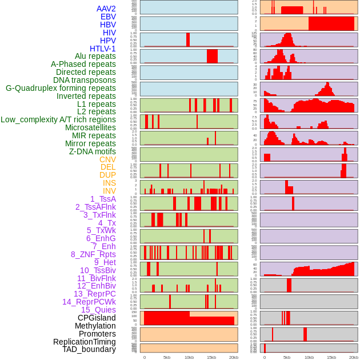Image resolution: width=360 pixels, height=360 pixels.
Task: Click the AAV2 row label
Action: click(106, 9)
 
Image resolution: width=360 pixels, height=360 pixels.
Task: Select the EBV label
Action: click(108, 17)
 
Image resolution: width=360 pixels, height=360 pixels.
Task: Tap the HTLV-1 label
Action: click(102, 49)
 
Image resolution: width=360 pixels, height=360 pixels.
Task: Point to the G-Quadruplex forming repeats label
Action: click(61, 88)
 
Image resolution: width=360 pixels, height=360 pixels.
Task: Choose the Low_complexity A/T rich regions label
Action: click(58, 119)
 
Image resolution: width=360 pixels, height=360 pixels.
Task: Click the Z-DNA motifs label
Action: click(92, 151)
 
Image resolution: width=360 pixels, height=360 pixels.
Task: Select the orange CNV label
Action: click(107, 159)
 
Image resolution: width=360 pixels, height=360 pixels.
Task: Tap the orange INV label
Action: click(109, 191)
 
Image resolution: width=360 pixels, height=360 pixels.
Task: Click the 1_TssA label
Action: click(103, 199)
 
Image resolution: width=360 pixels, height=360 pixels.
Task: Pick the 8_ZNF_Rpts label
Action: click(93, 254)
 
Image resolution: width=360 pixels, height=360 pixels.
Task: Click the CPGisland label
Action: click(97, 318)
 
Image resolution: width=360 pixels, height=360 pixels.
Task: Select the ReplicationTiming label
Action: click(84, 342)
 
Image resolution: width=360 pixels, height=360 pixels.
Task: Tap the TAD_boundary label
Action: click(89, 349)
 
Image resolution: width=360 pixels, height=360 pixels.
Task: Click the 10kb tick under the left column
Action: click(189, 357)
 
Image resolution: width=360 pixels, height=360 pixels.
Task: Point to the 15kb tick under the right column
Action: click(331, 357)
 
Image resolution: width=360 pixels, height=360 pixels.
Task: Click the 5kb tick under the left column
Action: click(167, 357)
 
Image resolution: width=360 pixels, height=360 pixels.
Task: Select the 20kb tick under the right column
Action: click(353, 357)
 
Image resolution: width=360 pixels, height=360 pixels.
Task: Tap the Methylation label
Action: click(91, 326)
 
